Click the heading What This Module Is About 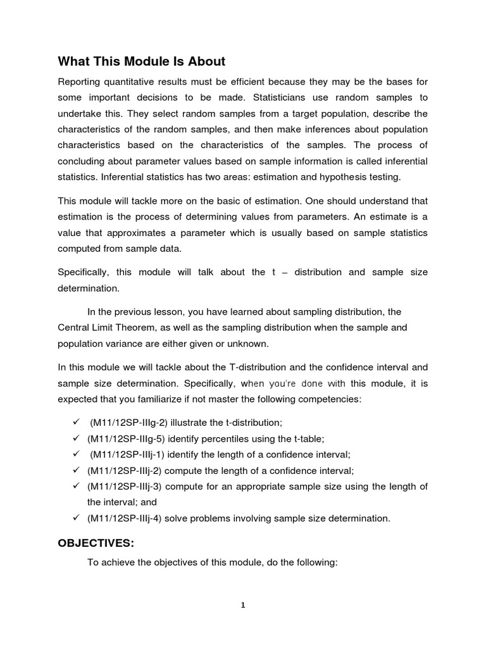pyautogui.click(x=141, y=61)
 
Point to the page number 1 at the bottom pyautogui.click(x=243, y=605)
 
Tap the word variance pyautogui.click(x=127, y=343)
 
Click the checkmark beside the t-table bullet pyautogui.click(x=75, y=439)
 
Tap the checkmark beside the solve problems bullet pyautogui.click(x=75, y=518)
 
